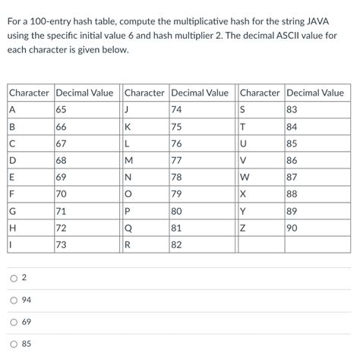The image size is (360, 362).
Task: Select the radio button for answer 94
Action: [x=14, y=301]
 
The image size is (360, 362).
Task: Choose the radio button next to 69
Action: [x=14, y=323]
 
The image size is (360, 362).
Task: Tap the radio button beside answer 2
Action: [x=14, y=279]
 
